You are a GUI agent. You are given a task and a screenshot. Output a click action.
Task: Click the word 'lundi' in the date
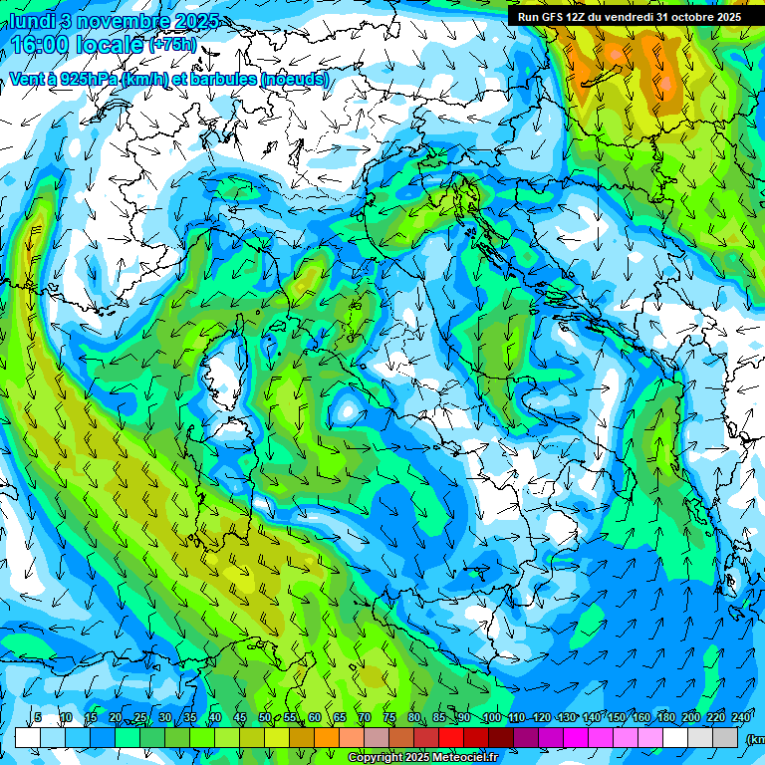tap(31, 21)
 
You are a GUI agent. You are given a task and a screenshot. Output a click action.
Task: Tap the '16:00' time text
tap(37, 45)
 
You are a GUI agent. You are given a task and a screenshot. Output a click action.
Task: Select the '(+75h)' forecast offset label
tap(172, 46)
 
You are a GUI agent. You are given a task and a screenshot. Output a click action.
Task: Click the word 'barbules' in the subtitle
tap(220, 79)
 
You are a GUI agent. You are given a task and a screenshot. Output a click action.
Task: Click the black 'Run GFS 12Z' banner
tap(629, 17)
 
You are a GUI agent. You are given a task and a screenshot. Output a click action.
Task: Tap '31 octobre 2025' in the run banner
tap(698, 17)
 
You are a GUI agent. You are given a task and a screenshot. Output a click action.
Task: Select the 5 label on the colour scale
tap(38, 718)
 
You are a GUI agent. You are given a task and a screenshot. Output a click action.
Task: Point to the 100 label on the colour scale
tap(491, 718)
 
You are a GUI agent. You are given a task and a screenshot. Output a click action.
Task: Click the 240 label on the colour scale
tap(740, 718)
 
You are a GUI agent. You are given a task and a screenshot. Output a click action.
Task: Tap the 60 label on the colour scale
tap(314, 718)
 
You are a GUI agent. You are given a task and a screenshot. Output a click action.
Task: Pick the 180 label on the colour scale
tap(665, 718)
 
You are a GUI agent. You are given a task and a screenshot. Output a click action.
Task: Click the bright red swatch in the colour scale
tap(450, 737)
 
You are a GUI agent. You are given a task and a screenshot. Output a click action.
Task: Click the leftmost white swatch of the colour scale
tap(27, 737)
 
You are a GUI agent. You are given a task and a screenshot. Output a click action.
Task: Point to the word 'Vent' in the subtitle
tap(27, 79)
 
